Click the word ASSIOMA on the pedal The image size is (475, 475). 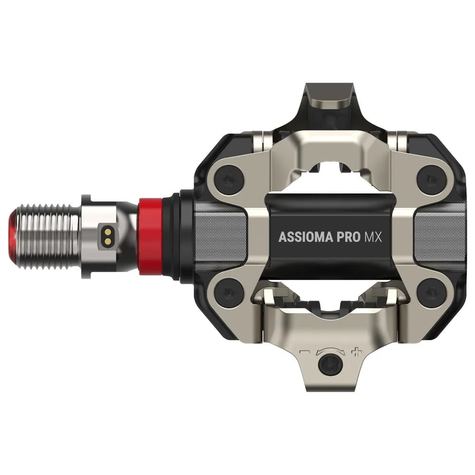point(305,237)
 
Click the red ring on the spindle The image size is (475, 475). point(151,237)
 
